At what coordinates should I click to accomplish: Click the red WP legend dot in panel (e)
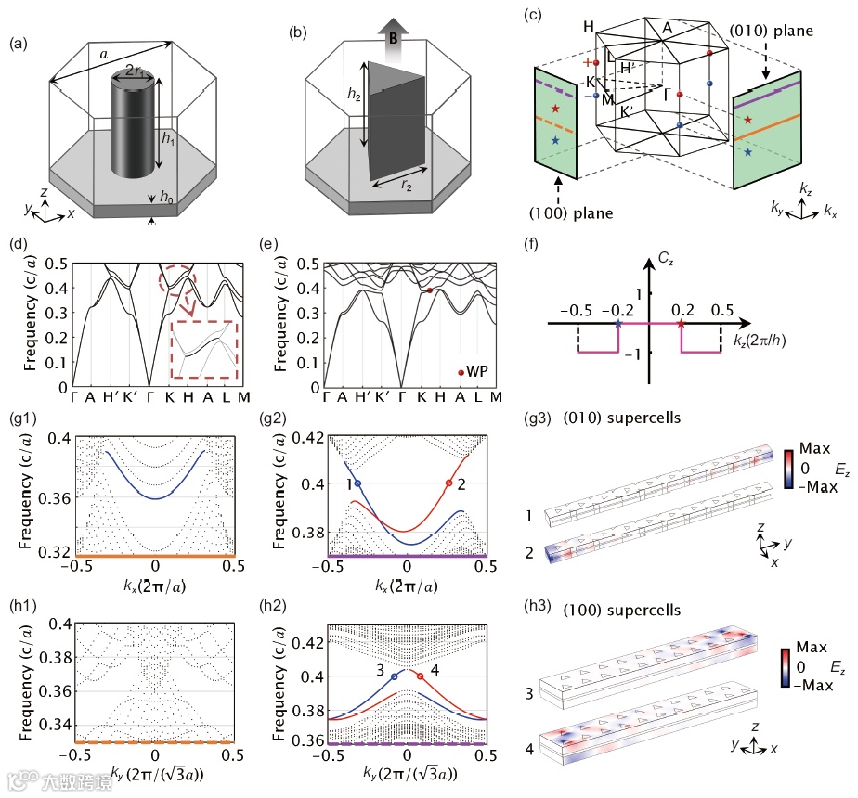click(461, 372)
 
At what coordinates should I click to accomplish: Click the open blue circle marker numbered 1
click(358, 483)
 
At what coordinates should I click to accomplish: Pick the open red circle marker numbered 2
click(449, 483)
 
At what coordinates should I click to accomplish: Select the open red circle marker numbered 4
click(421, 676)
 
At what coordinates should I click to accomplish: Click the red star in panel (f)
click(682, 324)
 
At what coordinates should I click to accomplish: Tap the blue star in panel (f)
click(619, 324)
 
